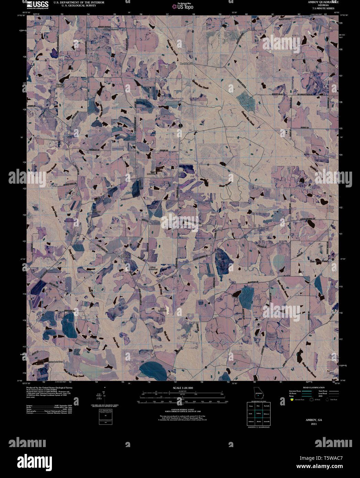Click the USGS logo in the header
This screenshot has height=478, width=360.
[37, 4]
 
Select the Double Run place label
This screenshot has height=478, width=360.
[187, 64]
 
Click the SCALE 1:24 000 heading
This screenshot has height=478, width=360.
[183, 388]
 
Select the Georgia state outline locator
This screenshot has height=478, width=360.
[258, 393]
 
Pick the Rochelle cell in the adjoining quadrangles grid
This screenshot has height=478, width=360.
[267, 406]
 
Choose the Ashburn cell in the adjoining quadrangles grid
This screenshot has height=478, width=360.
[251, 421]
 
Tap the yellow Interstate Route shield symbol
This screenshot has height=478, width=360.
[292, 400]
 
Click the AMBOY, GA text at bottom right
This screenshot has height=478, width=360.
[314, 420]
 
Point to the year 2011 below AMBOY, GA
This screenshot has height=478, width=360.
[314, 424]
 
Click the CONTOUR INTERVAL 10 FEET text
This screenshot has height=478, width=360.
[183, 409]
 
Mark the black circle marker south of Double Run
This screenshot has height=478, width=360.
[180, 125]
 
